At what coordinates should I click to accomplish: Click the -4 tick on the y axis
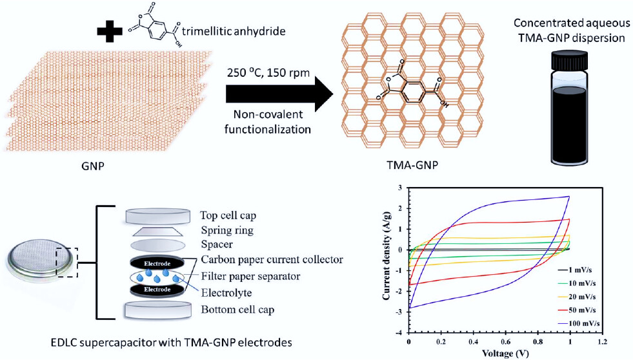click(399, 333)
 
